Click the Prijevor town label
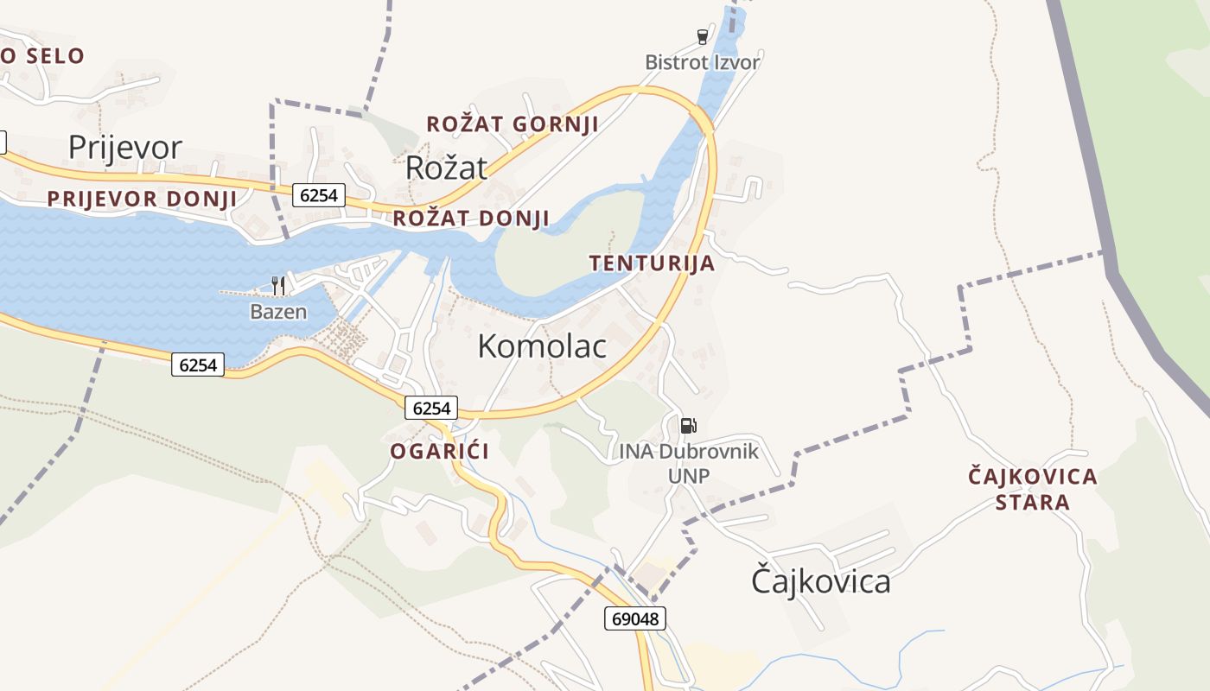(x=125, y=148)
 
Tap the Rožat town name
(x=447, y=168)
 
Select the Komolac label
(x=542, y=346)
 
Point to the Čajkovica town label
(x=820, y=581)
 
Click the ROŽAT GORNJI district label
(x=513, y=124)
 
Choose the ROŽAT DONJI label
(x=471, y=219)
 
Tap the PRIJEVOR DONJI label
(x=142, y=199)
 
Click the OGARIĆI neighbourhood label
(x=439, y=451)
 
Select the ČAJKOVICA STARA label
(x=1032, y=489)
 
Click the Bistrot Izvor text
(x=703, y=62)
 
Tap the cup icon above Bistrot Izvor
(x=703, y=36)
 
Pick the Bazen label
(x=278, y=312)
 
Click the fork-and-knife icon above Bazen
(x=278, y=286)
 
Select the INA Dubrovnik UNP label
(x=688, y=463)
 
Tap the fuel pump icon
(x=688, y=425)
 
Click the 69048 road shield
(x=634, y=618)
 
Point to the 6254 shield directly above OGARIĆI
(x=430, y=408)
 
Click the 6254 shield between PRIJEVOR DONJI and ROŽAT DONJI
(x=319, y=195)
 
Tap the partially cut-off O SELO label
(x=42, y=57)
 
